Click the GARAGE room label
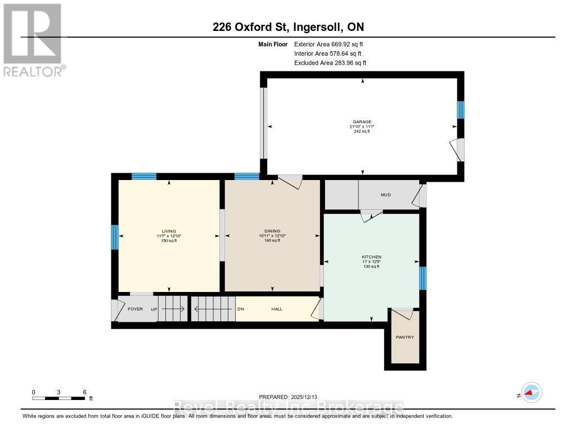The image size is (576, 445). (362, 122)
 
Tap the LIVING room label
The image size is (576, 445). (169, 231)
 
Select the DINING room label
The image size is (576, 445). (272, 231)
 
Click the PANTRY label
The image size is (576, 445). (405, 338)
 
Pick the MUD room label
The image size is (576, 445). (385, 195)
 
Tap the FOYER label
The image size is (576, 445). (135, 309)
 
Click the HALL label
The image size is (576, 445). (277, 309)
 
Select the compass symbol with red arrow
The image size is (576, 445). (531, 392)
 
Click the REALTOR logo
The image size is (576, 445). (33, 39)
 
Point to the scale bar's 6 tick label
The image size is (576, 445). (84, 392)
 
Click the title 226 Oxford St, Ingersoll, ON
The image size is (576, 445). (288, 28)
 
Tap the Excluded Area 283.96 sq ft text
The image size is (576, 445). (330, 63)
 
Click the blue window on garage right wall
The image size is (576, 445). (461, 110)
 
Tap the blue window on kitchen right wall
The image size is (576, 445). (422, 278)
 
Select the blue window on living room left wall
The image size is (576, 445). (115, 237)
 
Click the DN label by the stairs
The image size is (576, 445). (241, 309)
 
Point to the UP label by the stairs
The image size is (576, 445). (153, 309)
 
